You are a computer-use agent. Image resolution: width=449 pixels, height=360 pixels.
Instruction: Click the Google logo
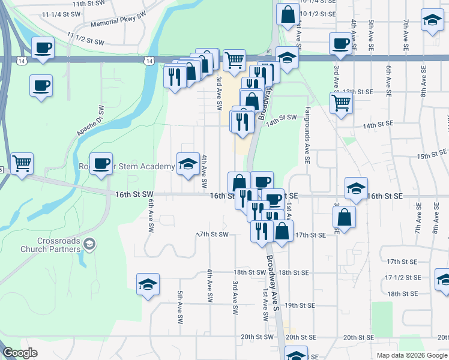20,353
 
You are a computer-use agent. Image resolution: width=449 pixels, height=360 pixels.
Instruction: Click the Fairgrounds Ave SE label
306,135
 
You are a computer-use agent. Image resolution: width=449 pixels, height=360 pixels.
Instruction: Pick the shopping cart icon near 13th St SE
341,103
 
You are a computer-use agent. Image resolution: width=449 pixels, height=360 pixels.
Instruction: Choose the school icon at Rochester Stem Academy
188,163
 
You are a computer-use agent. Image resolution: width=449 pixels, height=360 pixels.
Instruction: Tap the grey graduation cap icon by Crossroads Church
89,242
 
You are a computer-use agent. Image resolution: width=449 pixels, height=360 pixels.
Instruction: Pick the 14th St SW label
282,118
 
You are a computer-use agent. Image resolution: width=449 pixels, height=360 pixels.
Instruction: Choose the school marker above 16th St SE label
356,188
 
